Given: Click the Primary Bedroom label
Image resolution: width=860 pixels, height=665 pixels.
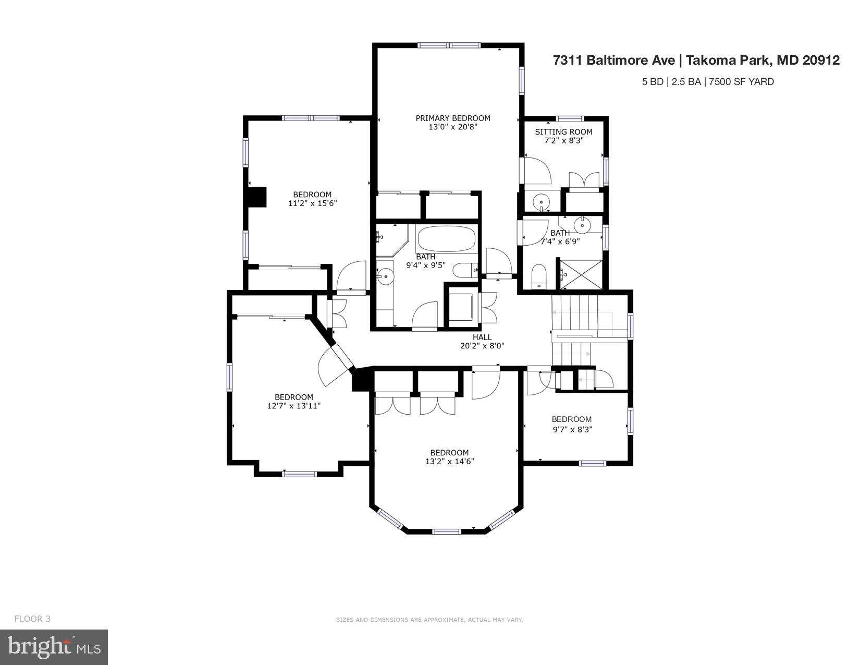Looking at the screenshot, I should tap(452, 118).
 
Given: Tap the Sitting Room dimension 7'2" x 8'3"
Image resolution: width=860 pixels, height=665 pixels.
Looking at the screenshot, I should tap(563, 140).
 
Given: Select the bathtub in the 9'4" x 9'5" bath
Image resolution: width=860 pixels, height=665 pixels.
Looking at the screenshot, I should tap(447, 239).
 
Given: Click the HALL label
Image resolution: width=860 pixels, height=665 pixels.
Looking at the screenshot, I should tap(482, 337).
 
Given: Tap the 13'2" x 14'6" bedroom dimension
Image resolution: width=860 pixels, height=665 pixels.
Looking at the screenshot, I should tap(449, 461).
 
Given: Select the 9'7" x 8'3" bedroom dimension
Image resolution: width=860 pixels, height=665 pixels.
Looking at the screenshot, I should tap(572, 430).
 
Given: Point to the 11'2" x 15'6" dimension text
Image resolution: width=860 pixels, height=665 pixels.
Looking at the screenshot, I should tap(312, 203).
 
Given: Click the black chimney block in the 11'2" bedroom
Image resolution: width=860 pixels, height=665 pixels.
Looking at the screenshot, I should tap(257, 198).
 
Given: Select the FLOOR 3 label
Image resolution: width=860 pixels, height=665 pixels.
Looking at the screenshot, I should tap(32, 619).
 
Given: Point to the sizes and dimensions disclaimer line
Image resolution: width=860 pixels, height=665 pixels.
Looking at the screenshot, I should tap(429, 620).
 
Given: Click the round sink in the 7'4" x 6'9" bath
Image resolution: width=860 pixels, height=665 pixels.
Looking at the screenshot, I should tap(582, 226).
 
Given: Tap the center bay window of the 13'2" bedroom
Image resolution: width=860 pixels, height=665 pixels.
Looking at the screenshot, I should tap(447, 531).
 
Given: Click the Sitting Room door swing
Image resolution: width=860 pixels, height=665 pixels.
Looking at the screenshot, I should tap(537, 170).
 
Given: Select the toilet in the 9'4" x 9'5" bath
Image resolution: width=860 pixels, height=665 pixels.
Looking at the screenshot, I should tap(465, 270).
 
